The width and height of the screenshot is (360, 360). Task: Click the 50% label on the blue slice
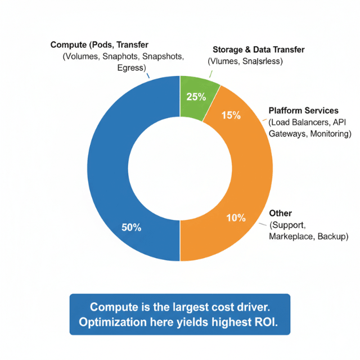pyautogui.click(x=132, y=228)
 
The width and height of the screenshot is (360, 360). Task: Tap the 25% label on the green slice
pyautogui.click(x=196, y=97)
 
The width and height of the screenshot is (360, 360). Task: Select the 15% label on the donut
pyautogui.click(x=231, y=116)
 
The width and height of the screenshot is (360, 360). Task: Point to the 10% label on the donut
pyautogui.click(x=235, y=218)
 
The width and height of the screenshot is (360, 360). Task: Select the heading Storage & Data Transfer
pyautogui.click(x=258, y=49)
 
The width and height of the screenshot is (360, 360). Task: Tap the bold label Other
pyautogui.click(x=280, y=213)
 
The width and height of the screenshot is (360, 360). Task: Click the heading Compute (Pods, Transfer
pyautogui.click(x=103, y=44)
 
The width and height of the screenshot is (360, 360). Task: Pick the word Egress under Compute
pyautogui.click(x=131, y=68)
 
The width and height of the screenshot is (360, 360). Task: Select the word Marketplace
pyautogui.click(x=291, y=237)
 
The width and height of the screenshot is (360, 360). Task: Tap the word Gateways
pyautogui.click(x=285, y=134)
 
